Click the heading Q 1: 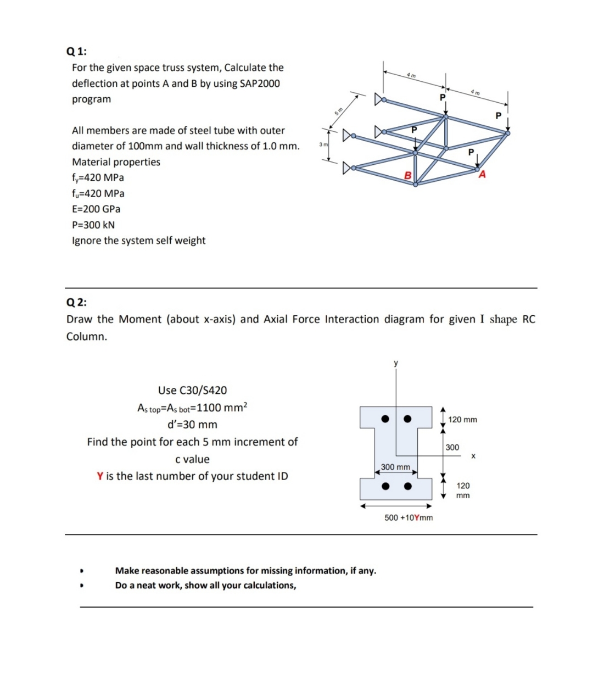coord(76,51)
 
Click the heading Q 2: coord(76,302)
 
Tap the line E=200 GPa coord(96,209)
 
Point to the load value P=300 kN coord(93,225)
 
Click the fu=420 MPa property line coord(98,193)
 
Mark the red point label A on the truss coord(483,175)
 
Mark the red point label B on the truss coord(407,175)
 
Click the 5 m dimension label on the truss coord(339,110)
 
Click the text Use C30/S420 coord(192,391)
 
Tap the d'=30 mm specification coord(192,425)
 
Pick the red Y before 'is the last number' coord(100,476)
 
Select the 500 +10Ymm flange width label coord(408,517)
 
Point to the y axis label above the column coord(395,363)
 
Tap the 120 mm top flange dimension coord(462,420)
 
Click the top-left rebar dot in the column coord(386,419)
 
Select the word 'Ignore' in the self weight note coord(87,241)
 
